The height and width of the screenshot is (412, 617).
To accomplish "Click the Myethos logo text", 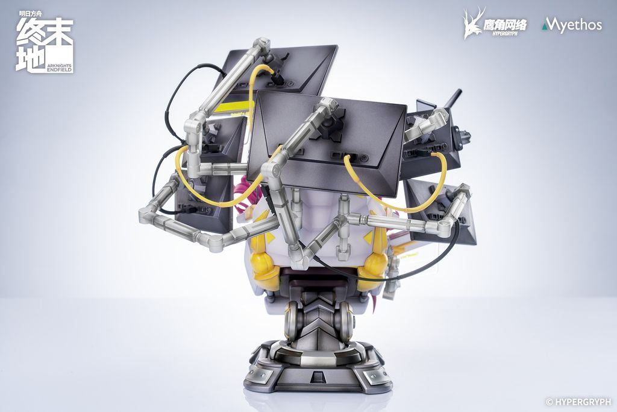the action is [572, 25].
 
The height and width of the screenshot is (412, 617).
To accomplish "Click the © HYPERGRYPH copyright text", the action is [578, 402].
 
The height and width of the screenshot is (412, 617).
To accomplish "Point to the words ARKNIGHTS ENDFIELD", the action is [59, 68].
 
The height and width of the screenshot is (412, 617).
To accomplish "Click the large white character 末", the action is [58, 32].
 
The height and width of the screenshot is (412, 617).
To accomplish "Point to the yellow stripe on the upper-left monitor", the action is [232, 106].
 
